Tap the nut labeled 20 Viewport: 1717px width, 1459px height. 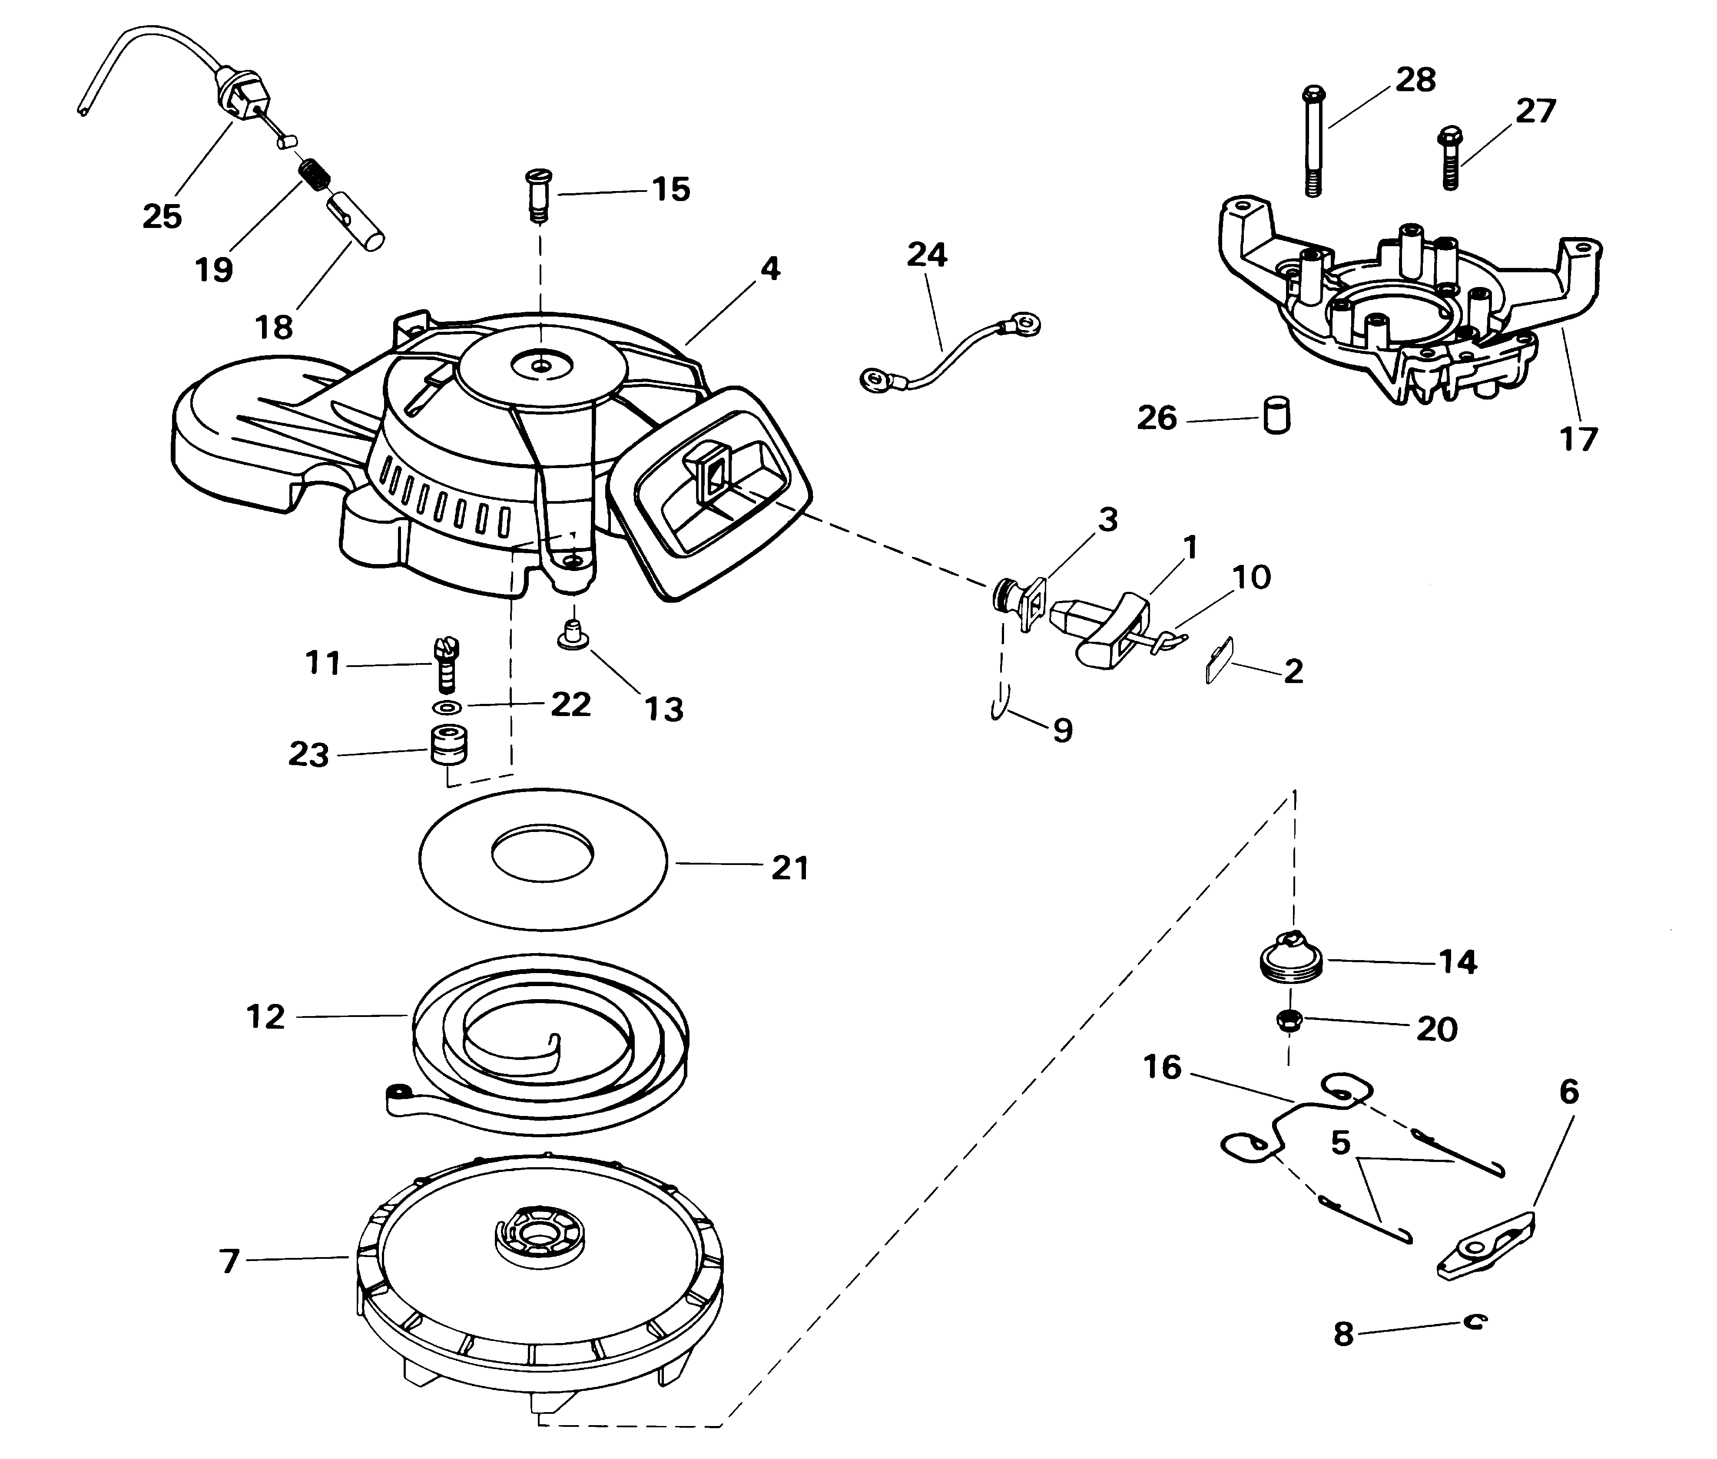click(1289, 1020)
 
